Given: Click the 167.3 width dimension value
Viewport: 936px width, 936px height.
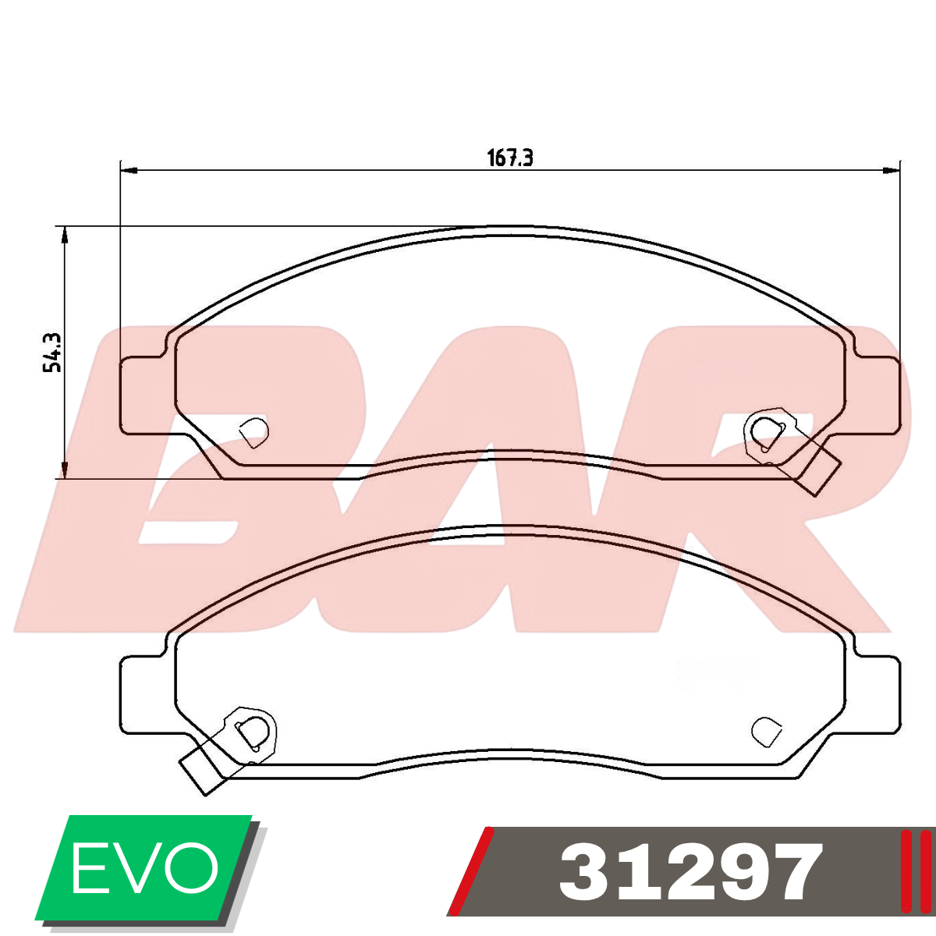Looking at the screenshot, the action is click(x=509, y=158).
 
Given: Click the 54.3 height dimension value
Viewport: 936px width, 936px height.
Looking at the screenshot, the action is click(x=52, y=353).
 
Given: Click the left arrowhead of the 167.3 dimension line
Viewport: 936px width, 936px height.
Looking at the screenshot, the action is click(x=129, y=170).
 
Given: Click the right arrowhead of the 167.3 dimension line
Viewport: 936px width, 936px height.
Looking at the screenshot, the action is click(x=891, y=170).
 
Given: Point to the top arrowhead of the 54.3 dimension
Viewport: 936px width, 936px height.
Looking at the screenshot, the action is click(x=64, y=235).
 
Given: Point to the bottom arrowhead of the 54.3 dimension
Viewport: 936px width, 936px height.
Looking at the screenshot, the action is click(x=64, y=470).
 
